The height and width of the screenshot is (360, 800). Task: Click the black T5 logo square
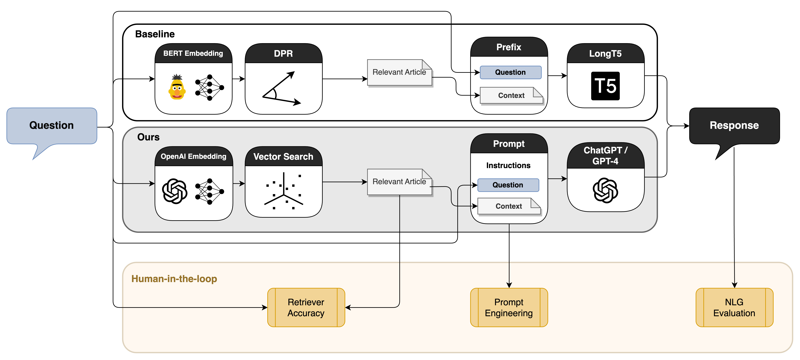[605, 86]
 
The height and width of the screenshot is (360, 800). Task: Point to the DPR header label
[283, 53]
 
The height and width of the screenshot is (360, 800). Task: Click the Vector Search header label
[283, 156]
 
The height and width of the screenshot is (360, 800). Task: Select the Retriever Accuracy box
[306, 307]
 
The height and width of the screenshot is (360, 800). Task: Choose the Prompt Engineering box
[509, 307]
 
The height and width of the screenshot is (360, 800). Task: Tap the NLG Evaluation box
[734, 307]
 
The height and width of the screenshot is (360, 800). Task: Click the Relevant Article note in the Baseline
[399, 72]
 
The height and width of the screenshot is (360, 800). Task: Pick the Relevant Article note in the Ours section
[399, 182]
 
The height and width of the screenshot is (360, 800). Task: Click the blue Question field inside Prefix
[510, 72]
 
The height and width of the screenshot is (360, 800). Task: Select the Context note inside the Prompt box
[509, 206]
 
